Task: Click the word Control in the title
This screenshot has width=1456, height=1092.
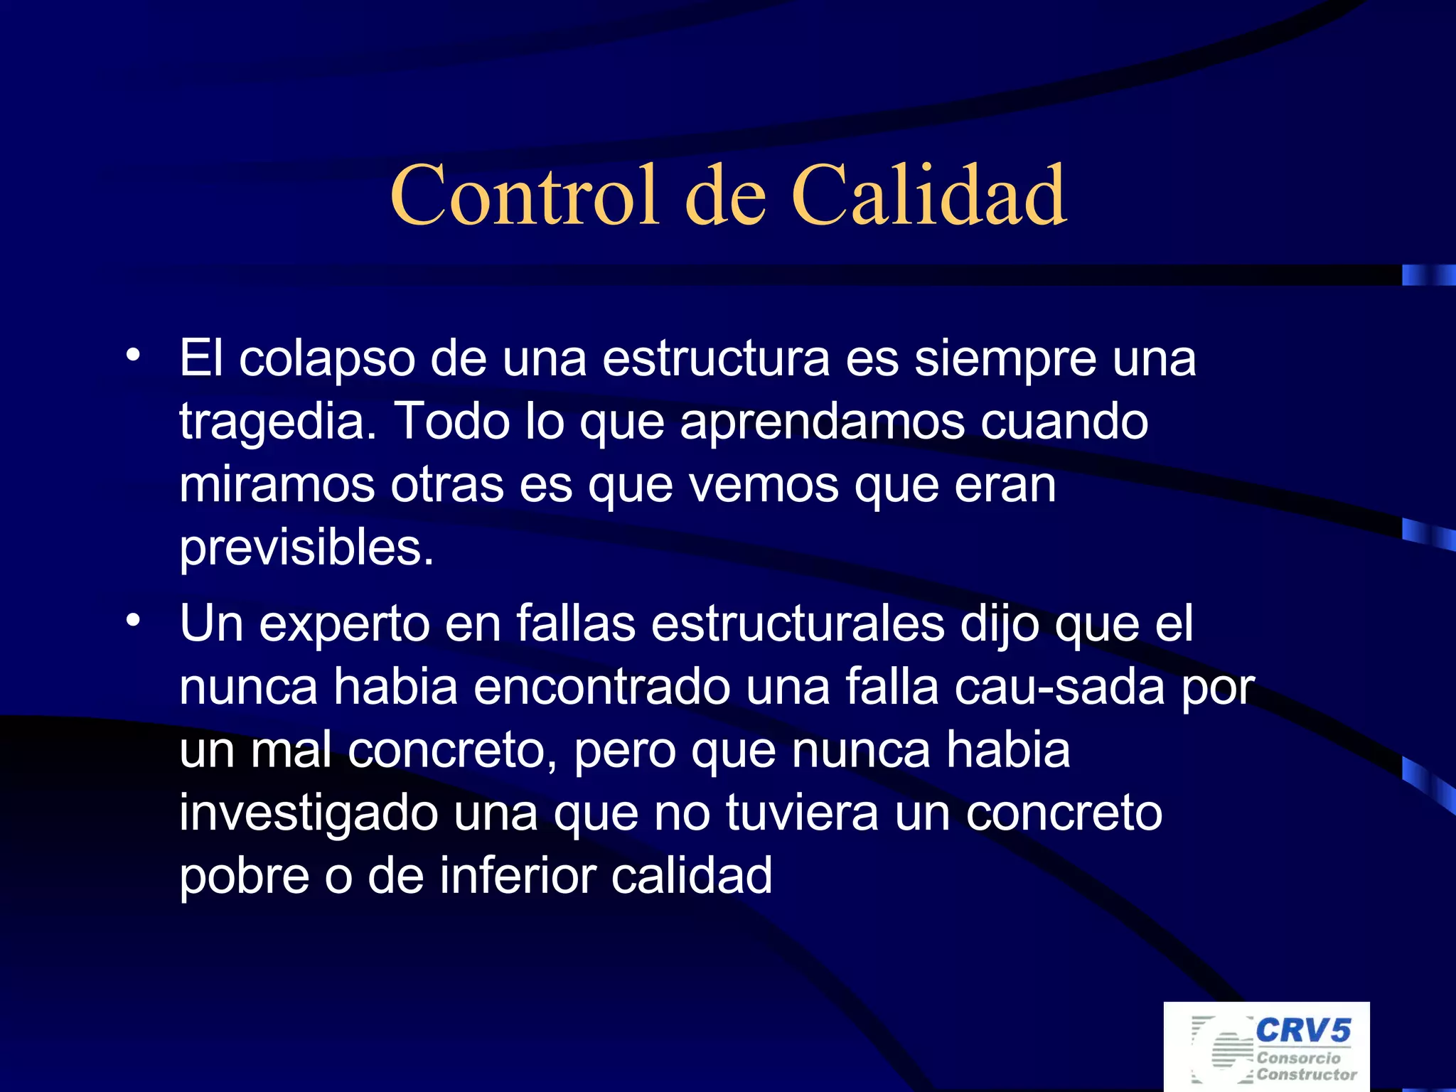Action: click(525, 195)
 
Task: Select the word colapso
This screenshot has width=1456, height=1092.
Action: click(327, 359)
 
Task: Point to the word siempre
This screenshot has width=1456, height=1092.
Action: click(1005, 359)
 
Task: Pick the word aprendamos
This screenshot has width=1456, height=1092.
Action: click(823, 422)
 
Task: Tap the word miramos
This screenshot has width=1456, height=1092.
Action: click(277, 485)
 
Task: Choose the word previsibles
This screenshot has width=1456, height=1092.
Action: click(306, 547)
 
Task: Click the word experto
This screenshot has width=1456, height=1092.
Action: click(344, 624)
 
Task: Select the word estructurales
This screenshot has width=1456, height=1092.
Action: click(797, 624)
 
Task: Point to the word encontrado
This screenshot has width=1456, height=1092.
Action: click(602, 687)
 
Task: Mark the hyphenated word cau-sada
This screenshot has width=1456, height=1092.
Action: click(1060, 687)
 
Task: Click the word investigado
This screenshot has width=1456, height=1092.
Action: click(309, 813)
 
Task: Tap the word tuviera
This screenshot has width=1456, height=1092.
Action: click(802, 813)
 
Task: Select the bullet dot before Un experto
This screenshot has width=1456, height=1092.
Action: click(133, 620)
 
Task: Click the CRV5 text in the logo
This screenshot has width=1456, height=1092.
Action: click(1302, 1030)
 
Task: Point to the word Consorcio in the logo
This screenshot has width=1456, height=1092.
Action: click(1298, 1058)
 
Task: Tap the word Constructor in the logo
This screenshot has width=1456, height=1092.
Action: click(1307, 1075)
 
